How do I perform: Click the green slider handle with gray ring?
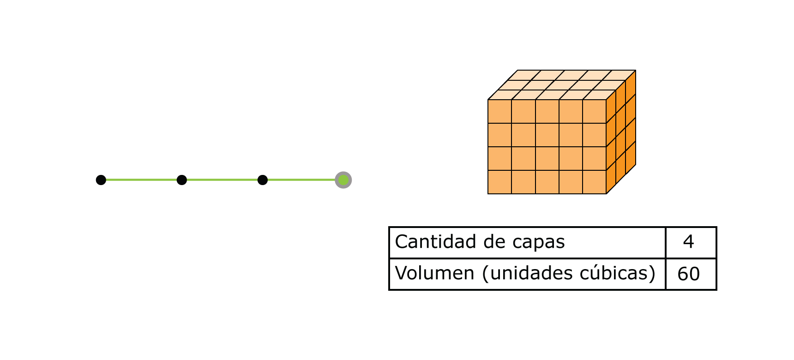(343, 180)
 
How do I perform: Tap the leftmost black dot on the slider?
(101, 180)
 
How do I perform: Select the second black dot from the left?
(182, 180)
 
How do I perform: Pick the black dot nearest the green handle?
(263, 180)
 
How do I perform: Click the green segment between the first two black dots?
(141, 180)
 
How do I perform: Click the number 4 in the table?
(688, 242)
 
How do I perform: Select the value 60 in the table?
(688, 274)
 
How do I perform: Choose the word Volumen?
(434, 273)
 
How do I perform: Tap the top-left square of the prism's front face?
(499, 111)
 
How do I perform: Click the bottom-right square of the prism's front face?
(594, 182)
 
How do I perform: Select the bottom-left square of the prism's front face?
(499, 182)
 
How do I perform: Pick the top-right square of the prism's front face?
(594, 111)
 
